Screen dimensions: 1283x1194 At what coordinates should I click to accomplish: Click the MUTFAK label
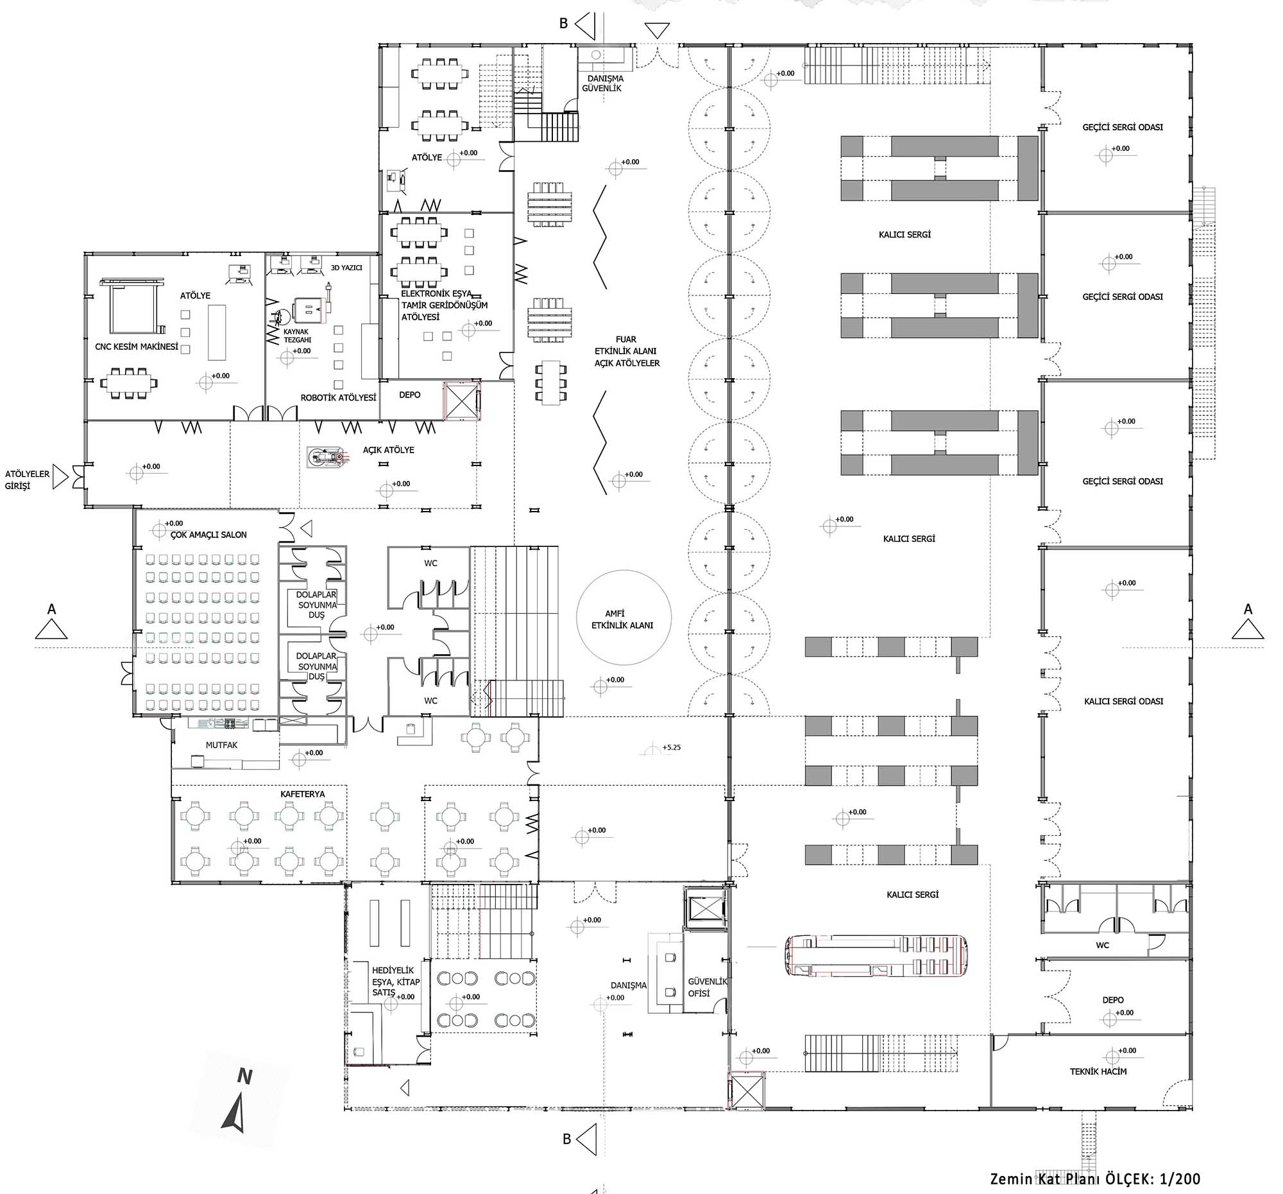pos(221,745)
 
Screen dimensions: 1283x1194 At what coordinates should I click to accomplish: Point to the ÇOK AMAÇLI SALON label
pos(208,535)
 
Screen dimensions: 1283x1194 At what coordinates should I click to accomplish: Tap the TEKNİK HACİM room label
pos(1098,1071)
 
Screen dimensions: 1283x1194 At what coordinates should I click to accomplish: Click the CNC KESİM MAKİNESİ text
pos(136,347)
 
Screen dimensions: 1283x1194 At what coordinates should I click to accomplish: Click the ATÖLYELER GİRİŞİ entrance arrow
pos(60,477)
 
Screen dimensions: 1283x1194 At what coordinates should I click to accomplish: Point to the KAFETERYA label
pos(302,794)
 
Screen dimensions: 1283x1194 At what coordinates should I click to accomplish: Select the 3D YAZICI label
pos(346,267)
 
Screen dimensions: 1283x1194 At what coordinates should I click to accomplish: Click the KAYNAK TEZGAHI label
pos(298,336)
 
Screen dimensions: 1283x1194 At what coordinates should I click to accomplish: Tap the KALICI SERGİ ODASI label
pos(1124,700)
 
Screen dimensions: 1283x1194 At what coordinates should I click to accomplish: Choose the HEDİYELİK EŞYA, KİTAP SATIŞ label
pos(396,982)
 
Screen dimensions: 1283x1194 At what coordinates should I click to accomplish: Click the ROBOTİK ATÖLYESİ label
pos(338,398)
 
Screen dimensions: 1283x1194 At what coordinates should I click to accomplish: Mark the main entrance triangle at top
pos(658,30)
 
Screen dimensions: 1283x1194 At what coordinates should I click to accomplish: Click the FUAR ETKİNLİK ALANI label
pos(627,351)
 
